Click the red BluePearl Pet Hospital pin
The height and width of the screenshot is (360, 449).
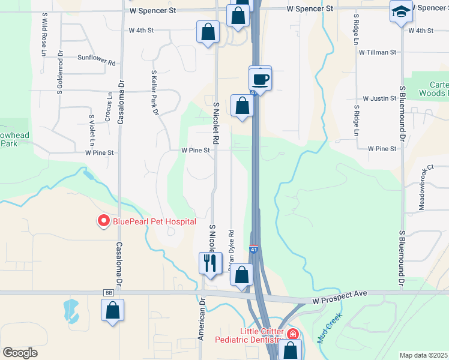click(x=103, y=221)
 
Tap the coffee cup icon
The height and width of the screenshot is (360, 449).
click(x=261, y=79)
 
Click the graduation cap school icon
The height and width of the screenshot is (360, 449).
click(x=400, y=11)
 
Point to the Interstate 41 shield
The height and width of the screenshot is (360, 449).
click(x=254, y=248)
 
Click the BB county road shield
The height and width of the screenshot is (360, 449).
click(x=109, y=293)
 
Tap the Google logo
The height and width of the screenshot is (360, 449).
click(x=20, y=353)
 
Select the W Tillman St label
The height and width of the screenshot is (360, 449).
click(x=378, y=52)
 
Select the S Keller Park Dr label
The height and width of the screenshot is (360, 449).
click(x=154, y=92)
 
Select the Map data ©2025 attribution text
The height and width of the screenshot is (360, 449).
click(x=424, y=355)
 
